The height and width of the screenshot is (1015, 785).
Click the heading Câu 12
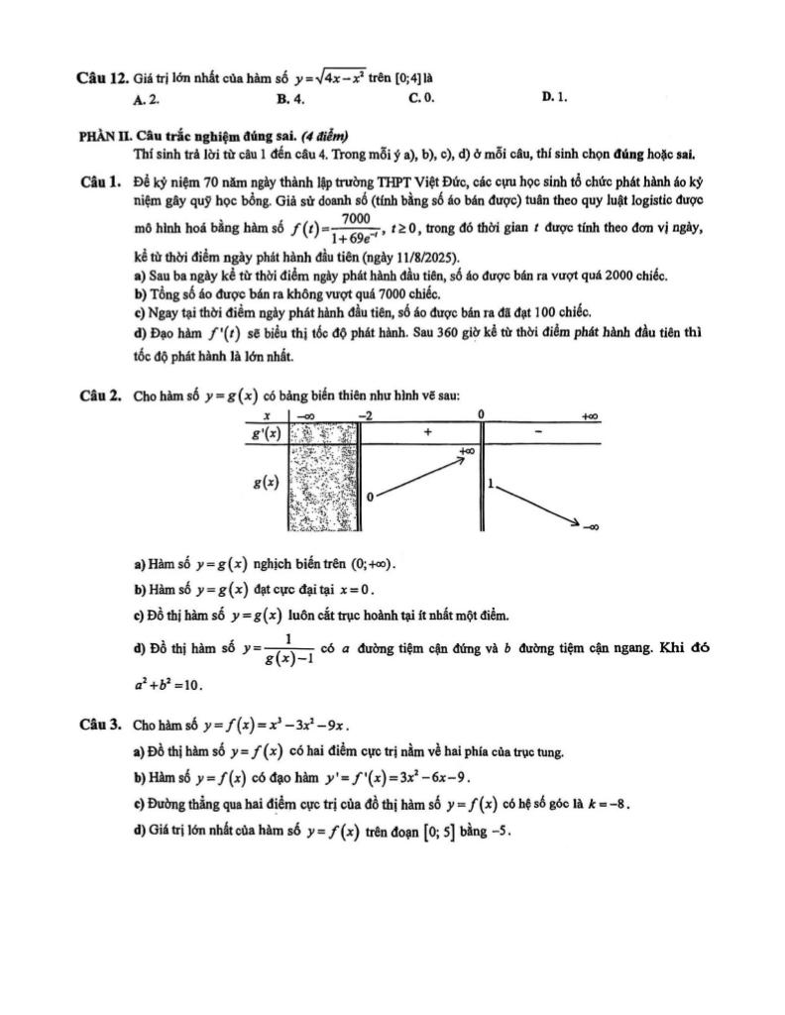101,76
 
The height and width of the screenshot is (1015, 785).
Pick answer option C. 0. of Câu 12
421,98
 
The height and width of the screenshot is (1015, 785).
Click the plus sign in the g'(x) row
427,432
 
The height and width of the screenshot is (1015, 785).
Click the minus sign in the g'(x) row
538,432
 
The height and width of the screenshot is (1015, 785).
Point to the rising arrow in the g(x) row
420,477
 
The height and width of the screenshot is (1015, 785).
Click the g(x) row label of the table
265,482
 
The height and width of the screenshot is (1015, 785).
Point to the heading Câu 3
101,725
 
